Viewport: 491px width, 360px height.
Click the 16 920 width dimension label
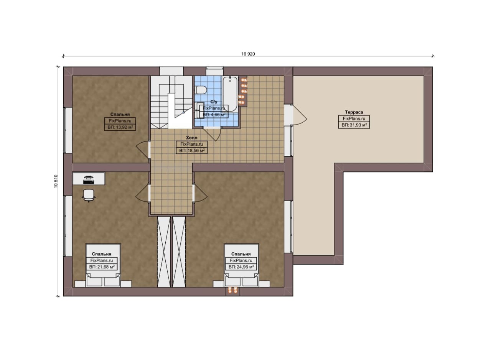(248, 54)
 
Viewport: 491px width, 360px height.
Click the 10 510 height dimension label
(56, 181)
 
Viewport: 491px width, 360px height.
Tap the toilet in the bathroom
(201, 90)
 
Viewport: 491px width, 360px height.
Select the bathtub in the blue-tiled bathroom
(230, 94)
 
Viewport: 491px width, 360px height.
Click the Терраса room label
(354, 112)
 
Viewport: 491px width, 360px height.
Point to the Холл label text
(191, 138)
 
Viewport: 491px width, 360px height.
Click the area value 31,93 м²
(354, 125)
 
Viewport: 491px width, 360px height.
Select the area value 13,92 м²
(120, 127)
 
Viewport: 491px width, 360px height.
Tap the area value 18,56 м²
(192, 151)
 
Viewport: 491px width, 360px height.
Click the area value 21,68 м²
(102, 267)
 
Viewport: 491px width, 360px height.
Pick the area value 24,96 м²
(241, 267)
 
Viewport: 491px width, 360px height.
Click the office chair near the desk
(89, 196)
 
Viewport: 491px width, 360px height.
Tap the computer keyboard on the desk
(89, 182)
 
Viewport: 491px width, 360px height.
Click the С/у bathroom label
(214, 102)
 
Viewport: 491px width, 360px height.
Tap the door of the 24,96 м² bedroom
(200, 193)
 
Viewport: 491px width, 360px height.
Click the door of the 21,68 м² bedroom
(143, 193)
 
